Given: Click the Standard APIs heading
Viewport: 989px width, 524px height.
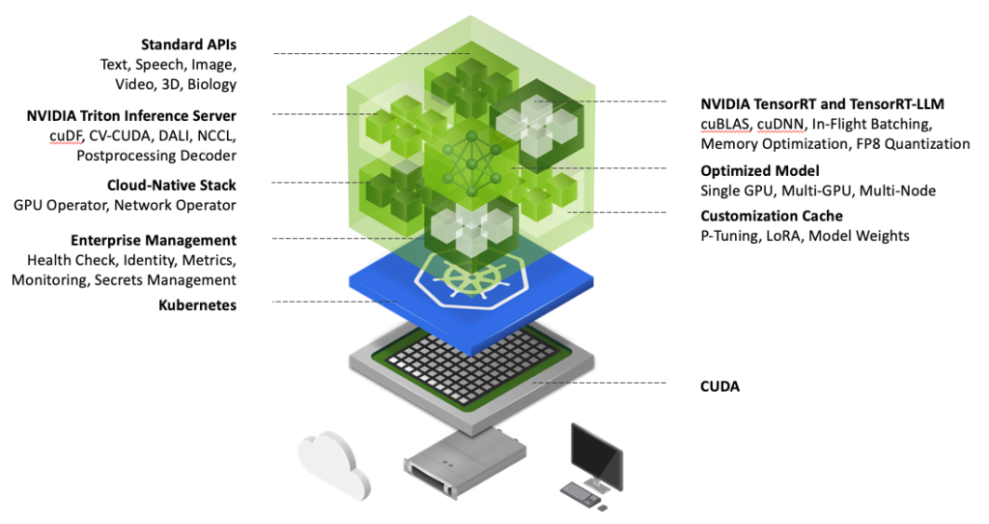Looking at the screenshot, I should point(188,44).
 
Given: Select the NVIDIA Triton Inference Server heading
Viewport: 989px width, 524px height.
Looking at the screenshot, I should point(131,116).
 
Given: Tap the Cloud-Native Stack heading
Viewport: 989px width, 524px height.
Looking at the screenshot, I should point(171,185).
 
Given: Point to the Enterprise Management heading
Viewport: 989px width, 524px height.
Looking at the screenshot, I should point(153,240).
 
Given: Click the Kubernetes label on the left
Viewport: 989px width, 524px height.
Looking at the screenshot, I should point(197,306).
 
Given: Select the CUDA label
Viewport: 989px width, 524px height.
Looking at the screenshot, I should point(721,387).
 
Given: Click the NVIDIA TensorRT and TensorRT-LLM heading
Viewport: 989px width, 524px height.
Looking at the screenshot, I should point(822,103).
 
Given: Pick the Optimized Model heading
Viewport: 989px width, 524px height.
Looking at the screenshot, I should point(760,171).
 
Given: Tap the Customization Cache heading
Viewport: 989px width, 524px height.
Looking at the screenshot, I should point(772,216).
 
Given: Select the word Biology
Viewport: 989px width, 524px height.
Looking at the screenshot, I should point(212,84).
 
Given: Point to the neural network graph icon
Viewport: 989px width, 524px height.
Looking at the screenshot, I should point(473,156).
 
